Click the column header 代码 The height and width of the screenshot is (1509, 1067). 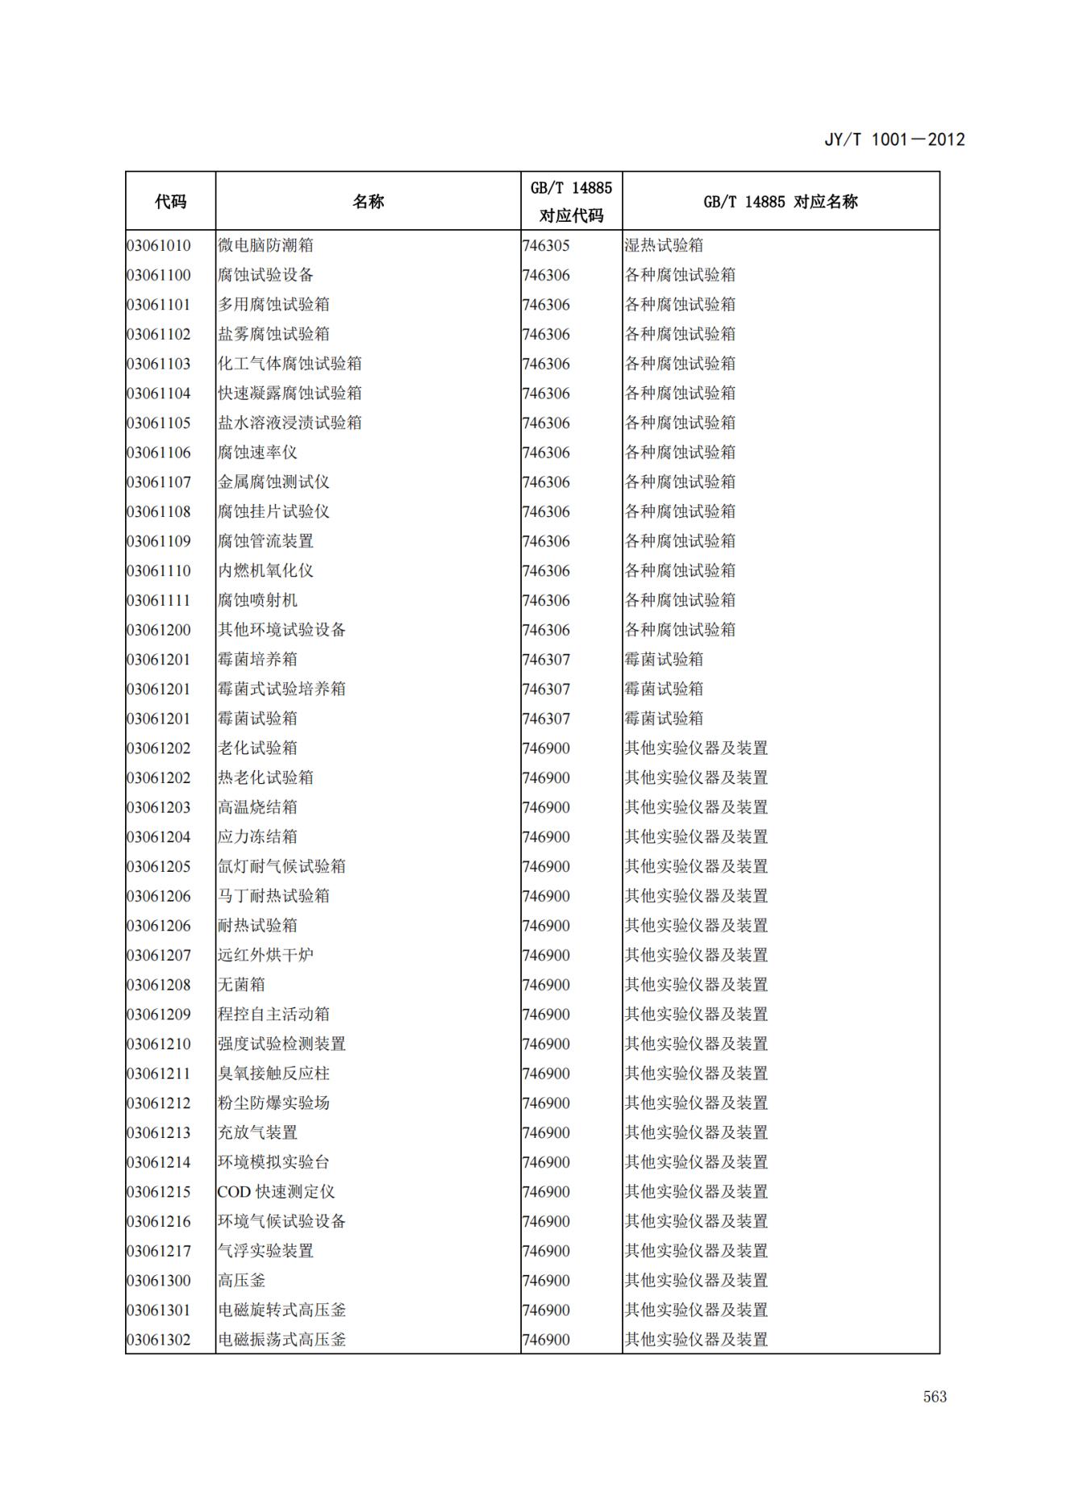pos(170,202)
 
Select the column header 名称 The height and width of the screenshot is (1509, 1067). pos(368,202)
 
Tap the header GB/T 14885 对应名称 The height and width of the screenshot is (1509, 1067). pos(780,202)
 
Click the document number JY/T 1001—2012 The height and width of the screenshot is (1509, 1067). pos(894,140)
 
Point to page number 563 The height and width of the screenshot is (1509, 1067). pos(935,1397)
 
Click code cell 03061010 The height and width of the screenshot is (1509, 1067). pos(159,245)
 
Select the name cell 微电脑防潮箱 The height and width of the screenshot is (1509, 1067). pos(265,245)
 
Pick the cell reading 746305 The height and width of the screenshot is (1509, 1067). pos(546,245)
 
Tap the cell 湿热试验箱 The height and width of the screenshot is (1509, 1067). pos(664,245)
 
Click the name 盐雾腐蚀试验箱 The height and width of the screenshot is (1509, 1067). pos(273,334)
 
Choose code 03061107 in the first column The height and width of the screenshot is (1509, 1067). pos(159,482)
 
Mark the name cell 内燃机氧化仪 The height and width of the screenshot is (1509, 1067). pos(265,571)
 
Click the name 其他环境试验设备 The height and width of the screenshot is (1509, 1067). pos(281,630)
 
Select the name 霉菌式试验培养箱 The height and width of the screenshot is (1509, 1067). pos(281,689)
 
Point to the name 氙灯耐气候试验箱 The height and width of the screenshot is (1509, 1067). pos(281,866)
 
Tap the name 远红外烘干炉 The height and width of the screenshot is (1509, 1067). pos(265,955)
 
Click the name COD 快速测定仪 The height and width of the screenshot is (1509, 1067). pos(276,1192)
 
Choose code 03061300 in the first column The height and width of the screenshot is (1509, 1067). pos(159,1281)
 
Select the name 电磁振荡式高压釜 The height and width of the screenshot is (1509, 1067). pos(281,1340)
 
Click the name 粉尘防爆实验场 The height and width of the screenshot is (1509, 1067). pos(273,1103)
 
